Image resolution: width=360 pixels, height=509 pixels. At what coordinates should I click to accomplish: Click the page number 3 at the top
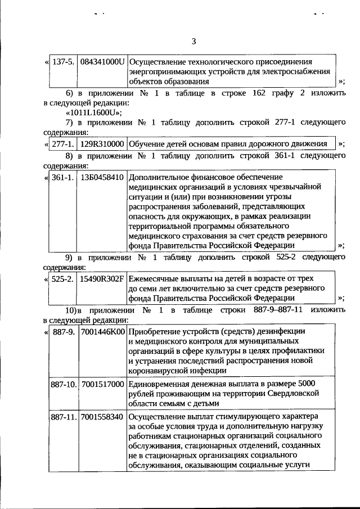193,42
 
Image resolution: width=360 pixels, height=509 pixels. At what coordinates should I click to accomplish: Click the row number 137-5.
64,61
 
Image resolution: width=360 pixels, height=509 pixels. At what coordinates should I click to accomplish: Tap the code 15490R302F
102,278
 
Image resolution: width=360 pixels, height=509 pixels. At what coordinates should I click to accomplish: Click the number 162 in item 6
258,93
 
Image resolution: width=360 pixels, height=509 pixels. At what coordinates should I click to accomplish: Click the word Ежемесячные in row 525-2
153,278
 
